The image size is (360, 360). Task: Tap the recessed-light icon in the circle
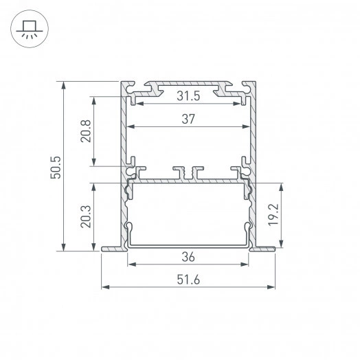coord(29,30)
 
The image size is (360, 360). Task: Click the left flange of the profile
coord(113,249)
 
